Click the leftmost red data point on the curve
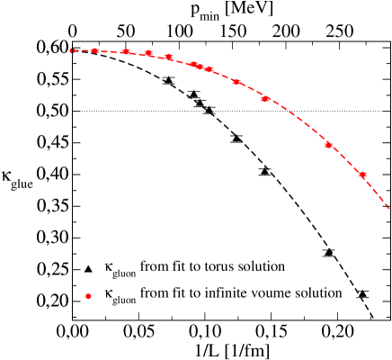tap(72, 50)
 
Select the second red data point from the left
tap(94, 50)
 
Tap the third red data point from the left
tap(126, 52)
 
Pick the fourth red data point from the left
tap(148, 54)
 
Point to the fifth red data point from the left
tap(168, 58)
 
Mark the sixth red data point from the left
tap(193, 65)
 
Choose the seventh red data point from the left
tap(200, 67)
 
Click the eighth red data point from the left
tap(209, 69)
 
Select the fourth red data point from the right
tap(236, 82)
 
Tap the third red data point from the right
tap(265, 99)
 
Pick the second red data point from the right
tap(328, 145)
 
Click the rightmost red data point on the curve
tap(362, 175)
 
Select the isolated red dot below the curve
tap(88, 296)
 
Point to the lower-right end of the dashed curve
tap(388, 209)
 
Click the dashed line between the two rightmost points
tap(346, 159)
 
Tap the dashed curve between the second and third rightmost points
tap(298, 121)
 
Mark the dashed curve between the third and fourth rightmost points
tap(251, 90)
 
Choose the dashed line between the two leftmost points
tap(83, 50)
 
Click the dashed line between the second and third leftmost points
tap(110, 51)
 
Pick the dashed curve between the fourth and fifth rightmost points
tap(223, 76)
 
